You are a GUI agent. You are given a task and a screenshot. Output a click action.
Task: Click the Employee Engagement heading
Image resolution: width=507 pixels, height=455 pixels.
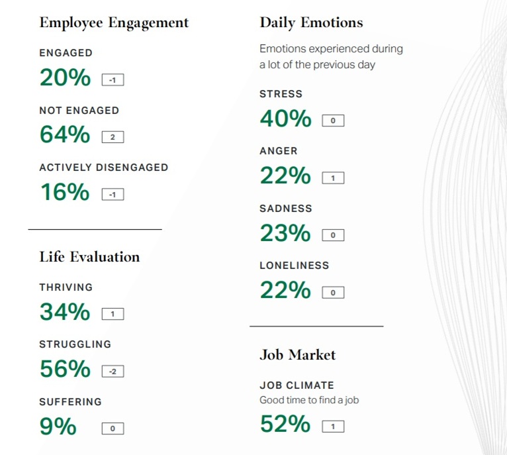click(114, 23)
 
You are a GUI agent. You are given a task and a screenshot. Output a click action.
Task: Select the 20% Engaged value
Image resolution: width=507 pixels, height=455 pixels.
click(65, 78)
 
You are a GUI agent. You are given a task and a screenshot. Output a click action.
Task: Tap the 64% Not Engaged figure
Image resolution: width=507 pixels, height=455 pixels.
click(65, 135)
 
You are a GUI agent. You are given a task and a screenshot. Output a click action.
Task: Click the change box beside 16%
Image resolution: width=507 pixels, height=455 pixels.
click(113, 195)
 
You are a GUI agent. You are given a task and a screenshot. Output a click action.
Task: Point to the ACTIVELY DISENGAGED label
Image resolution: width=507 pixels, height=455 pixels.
click(104, 168)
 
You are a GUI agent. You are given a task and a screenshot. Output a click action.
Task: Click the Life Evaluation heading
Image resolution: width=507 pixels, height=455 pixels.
click(89, 257)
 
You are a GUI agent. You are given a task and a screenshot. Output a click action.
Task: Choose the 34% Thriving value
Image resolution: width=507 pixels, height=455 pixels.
click(65, 312)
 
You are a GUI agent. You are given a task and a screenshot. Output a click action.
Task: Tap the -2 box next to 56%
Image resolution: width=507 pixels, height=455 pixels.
click(113, 372)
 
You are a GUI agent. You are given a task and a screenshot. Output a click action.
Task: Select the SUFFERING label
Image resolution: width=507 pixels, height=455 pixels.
click(70, 402)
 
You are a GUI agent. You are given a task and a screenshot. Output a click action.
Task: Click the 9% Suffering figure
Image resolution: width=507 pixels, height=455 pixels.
click(58, 427)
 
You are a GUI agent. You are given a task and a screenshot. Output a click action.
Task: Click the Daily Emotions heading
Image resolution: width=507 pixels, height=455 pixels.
click(311, 23)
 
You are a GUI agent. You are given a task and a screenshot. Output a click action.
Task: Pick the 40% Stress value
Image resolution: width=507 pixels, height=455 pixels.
click(285, 119)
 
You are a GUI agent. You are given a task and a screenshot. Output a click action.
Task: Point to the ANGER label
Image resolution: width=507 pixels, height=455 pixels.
click(279, 151)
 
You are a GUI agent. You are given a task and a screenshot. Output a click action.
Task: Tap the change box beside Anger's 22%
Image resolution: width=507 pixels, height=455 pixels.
click(333, 178)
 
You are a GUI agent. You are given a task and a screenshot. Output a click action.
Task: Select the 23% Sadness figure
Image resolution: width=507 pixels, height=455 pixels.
click(285, 234)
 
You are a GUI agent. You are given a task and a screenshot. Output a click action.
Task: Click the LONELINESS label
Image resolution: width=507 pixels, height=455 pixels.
click(294, 266)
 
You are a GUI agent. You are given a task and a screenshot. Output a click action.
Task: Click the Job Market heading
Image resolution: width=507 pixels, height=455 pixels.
click(297, 355)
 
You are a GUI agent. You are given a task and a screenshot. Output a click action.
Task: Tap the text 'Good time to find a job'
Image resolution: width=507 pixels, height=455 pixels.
click(309, 400)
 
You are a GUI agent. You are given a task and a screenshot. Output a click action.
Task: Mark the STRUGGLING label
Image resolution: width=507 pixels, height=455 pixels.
click(75, 344)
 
